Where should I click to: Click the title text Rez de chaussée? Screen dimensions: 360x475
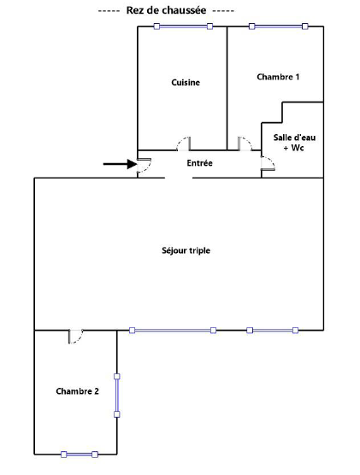click(x=166, y=10)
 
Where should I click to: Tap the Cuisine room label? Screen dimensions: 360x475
click(x=186, y=82)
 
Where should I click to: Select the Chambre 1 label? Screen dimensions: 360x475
click(x=278, y=77)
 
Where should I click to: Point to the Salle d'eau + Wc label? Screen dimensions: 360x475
click(x=294, y=143)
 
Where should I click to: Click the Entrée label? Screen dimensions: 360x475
click(x=199, y=163)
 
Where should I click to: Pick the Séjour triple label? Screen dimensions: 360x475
click(x=186, y=250)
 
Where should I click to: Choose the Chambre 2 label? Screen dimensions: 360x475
click(x=77, y=391)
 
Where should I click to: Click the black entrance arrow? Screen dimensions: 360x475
click(x=120, y=164)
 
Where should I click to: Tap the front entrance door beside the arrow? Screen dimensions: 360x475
click(x=144, y=165)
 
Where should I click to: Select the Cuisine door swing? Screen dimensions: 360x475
click(x=184, y=144)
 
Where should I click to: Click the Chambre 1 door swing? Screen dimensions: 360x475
click(x=245, y=144)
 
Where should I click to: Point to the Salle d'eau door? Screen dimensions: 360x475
click(x=269, y=163)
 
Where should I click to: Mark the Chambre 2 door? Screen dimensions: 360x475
click(x=76, y=337)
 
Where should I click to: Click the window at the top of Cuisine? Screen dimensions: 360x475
click(x=183, y=26)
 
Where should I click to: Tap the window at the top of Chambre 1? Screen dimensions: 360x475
click(x=279, y=26)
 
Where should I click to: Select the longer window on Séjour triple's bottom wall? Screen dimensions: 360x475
click(x=173, y=331)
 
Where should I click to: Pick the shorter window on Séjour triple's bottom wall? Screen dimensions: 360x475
click(x=272, y=331)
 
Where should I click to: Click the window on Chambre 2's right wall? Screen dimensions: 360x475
click(x=117, y=396)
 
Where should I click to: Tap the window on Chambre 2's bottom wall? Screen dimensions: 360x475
click(x=80, y=454)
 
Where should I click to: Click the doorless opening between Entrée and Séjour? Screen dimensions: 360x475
click(x=179, y=178)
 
